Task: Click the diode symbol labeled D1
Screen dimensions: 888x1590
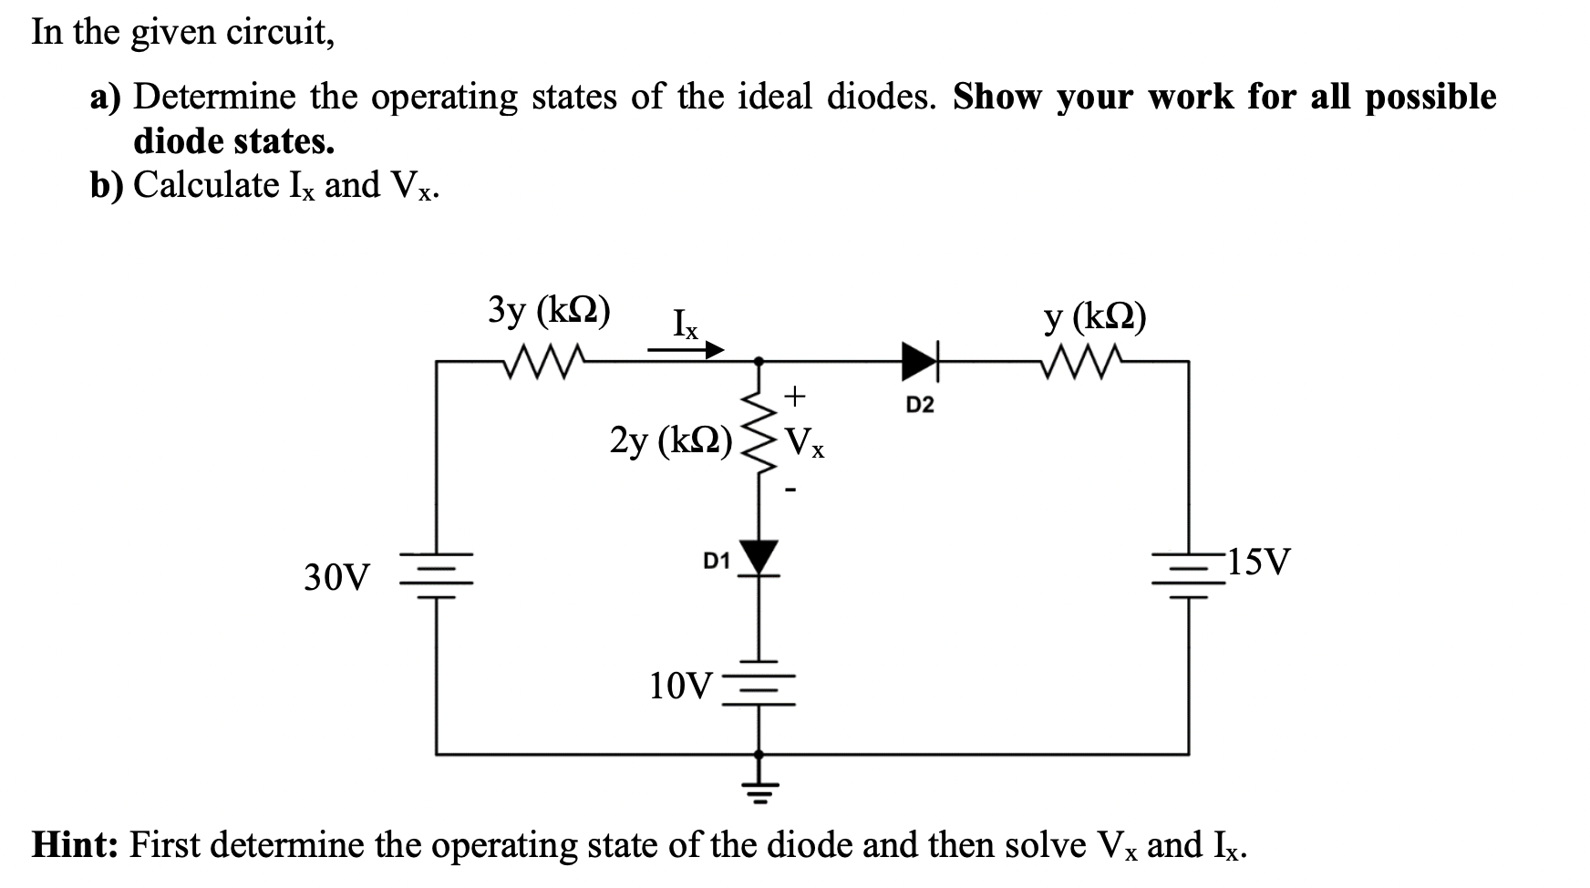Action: coord(759,557)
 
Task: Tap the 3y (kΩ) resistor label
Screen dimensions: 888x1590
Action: coord(550,311)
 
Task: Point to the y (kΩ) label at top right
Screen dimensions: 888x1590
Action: coord(1095,317)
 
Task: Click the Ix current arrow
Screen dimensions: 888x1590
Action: coord(686,349)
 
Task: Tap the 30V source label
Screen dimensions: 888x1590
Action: coord(337,577)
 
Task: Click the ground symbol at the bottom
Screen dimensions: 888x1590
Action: coord(759,791)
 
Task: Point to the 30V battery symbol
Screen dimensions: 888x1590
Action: coord(437,575)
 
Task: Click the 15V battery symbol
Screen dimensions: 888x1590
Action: coord(1188,575)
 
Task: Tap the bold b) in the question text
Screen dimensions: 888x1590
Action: coord(108,185)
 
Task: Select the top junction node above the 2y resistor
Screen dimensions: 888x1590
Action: coord(759,362)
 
